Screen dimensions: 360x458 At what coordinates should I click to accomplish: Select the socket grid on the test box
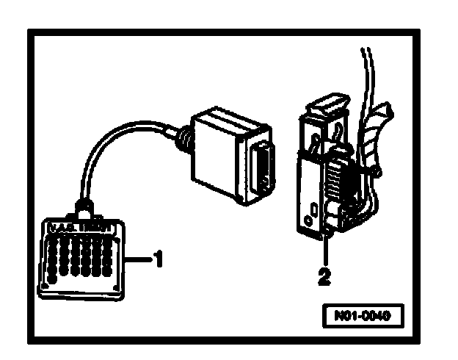tap(77, 257)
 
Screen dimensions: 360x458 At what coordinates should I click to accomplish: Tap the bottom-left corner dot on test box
tap(46, 284)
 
